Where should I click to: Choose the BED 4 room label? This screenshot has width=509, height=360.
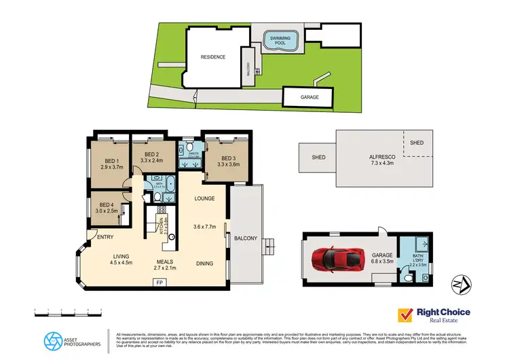click(108, 204)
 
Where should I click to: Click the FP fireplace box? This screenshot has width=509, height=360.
click(159, 282)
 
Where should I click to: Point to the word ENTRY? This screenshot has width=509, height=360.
click(105, 237)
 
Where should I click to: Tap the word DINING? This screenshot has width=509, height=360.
click(205, 263)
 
